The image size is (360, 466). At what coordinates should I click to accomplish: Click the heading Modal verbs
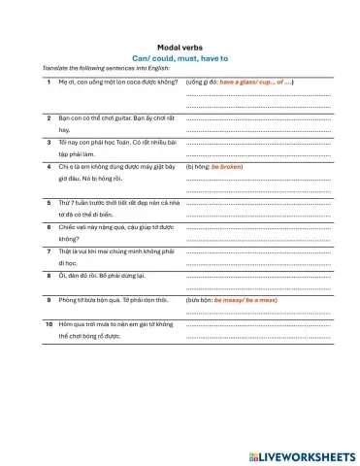180,47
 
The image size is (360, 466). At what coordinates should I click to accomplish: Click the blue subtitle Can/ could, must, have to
180,58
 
